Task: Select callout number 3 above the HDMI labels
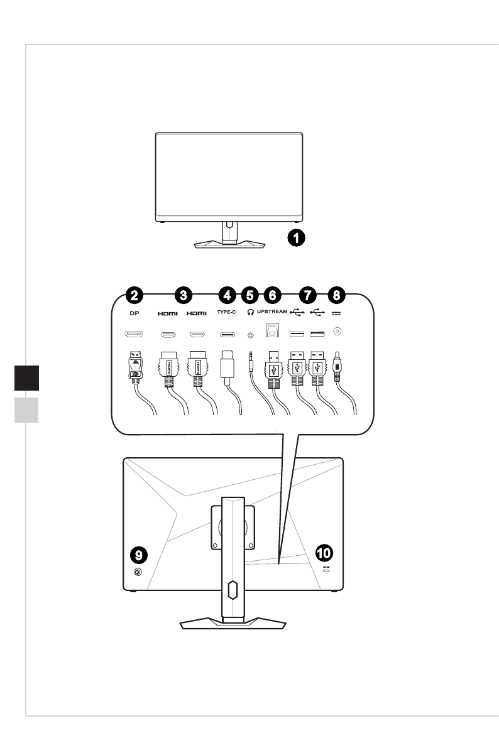pos(183,294)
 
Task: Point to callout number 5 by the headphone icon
pos(250,294)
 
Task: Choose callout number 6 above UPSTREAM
pos(272,294)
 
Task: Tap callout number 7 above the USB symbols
pos(308,294)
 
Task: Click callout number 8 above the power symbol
pos(337,294)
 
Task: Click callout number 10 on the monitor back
pos(325,553)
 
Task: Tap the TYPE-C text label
pos(228,312)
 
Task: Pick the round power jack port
pos(337,332)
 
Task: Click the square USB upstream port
pos(273,331)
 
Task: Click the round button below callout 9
pos(138,572)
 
